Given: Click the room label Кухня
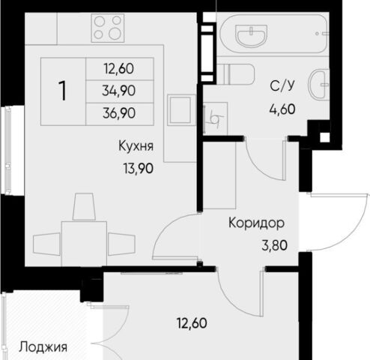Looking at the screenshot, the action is [136, 145].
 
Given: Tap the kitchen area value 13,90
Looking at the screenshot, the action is [138, 168].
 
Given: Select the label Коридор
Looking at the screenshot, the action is [256, 223].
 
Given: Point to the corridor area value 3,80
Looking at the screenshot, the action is [274, 245].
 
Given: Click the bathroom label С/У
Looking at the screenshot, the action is [282, 85].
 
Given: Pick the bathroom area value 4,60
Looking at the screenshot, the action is [282, 109].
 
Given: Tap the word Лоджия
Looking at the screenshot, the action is [43, 347].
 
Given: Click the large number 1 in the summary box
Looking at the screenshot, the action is [62, 91].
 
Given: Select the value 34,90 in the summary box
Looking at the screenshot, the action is [119, 91].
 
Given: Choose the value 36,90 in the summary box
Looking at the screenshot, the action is [119, 113].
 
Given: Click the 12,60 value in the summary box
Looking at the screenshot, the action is [119, 69].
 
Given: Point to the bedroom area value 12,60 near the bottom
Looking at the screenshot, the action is [192, 323].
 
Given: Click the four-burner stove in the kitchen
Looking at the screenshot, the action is [108, 28].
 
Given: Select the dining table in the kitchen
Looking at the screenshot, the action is [84, 244].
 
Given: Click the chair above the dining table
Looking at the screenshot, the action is [84, 206].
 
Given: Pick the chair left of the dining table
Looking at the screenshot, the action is [46, 244].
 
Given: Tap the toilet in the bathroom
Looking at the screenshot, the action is [235, 74].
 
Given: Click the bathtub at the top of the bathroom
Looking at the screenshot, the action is [273, 34].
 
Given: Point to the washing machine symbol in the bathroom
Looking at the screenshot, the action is [216, 118].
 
